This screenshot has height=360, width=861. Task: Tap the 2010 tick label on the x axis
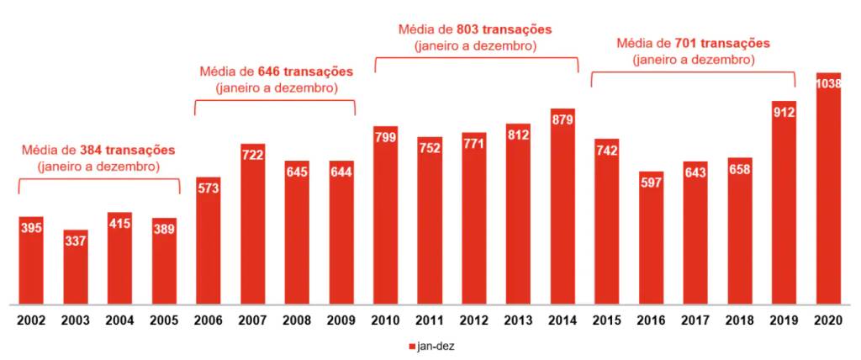pyautogui.click(x=385, y=320)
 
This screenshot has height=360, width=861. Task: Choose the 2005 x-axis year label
pyautogui.click(x=164, y=320)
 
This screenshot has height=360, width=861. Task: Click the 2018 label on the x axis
pyautogui.click(x=739, y=320)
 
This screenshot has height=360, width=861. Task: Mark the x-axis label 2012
pyautogui.click(x=474, y=320)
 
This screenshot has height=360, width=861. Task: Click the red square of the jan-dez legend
pyautogui.click(x=411, y=346)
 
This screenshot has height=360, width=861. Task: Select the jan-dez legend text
pyautogui.click(x=436, y=346)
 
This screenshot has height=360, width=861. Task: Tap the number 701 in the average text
pyautogui.click(x=686, y=43)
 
